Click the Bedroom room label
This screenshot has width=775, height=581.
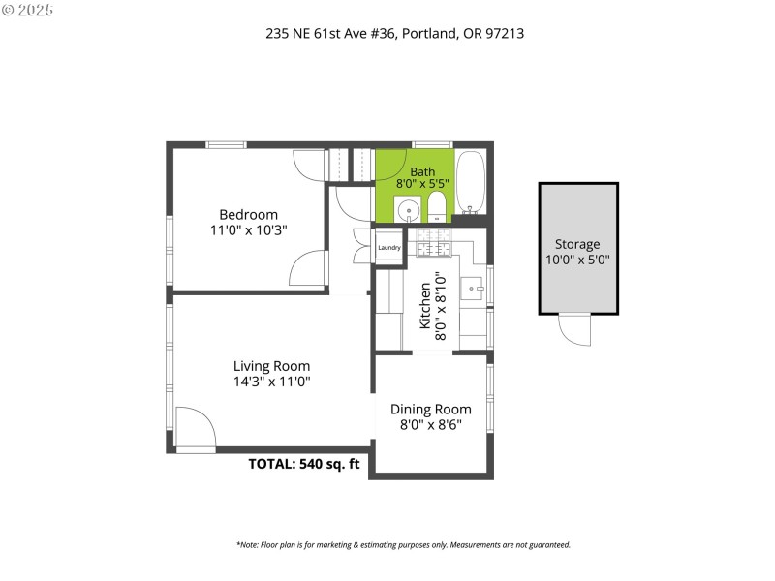(248, 215)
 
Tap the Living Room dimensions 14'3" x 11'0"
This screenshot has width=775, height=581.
(271, 382)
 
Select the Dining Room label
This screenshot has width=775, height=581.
(430, 410)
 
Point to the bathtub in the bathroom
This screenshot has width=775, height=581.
(471, 182)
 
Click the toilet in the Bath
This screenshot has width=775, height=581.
(436, 205)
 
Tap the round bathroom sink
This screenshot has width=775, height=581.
(411, 208)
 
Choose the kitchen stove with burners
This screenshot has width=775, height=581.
(435, 244)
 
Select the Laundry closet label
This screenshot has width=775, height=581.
(389, 248)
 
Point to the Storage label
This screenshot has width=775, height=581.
(577, 244)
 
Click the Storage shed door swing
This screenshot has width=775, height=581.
(574, 330)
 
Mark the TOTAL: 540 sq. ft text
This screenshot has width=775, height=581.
(304, 464)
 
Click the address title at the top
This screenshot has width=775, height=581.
(395, 33)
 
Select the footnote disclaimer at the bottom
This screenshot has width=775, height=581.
(403, 544)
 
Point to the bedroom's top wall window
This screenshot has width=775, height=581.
(226, 145)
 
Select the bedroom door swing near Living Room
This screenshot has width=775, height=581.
(306, 267)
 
